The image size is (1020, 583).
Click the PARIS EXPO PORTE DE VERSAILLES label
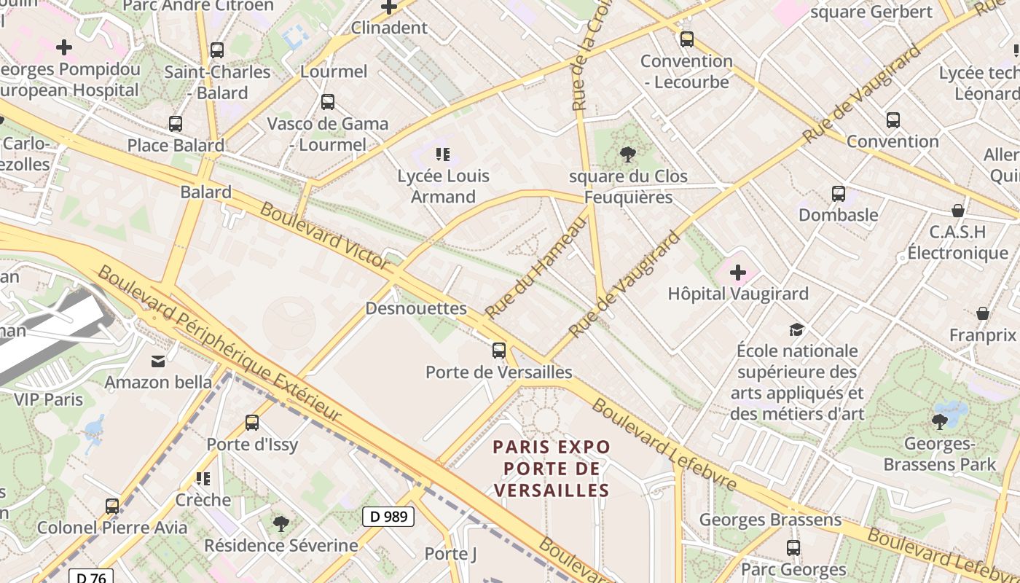[x=551, y=468]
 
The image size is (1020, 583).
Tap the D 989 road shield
[x=388, y=517]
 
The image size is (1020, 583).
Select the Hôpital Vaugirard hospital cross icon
[x=738, y=273]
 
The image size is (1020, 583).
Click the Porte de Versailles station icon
[x=499, y=351]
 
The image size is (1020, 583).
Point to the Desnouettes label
[x=416, y=308]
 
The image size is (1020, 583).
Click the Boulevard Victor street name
[x=323, y=236]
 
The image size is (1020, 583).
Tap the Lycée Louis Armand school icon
[x=443, y=154]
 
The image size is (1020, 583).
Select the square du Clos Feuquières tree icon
[x=627, y=154]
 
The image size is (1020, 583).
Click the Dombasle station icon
[x=839, y=194]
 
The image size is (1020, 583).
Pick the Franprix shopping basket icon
[x=983, y=313]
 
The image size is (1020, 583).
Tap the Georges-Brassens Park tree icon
[x=940, y=420]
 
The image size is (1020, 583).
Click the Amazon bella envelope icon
[x=158, y=361]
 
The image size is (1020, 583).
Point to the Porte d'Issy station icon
[x=252, y=422]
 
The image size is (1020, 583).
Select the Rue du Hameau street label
[x=536, y=268]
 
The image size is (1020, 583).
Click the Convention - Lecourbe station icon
[x=687, y=39]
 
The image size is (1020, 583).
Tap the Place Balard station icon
[x=176, y=124]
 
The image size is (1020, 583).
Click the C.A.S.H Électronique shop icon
[x=958, y=211]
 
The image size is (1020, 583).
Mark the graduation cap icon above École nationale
[x=796, y=329]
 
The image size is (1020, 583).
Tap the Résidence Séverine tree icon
[x=281, y=523]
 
